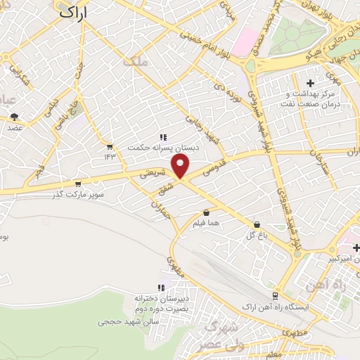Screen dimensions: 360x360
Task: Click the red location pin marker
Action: pos(181,166)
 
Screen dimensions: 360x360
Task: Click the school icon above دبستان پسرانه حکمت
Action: pos(163,138)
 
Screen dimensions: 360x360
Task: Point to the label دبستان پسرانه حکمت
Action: pos(159,148)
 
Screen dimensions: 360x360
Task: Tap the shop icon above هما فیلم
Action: pos(206,212)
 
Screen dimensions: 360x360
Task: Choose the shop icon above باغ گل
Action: pos(256,224)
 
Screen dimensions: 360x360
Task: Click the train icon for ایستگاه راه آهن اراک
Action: pos(274,296)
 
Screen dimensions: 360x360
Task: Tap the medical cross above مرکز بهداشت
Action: pos(310,83)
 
